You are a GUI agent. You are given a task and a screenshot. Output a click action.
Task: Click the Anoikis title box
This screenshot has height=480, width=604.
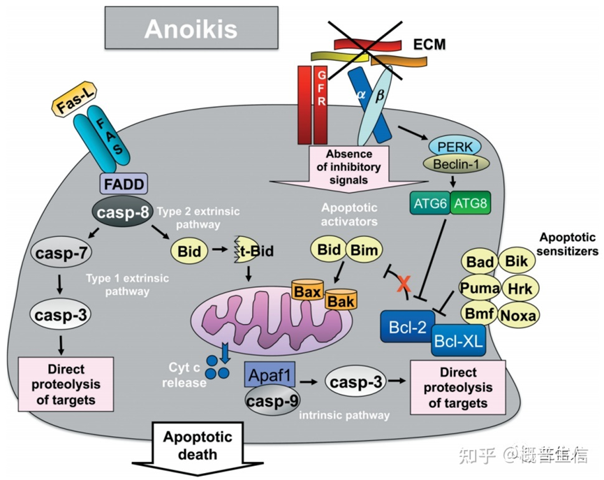191,27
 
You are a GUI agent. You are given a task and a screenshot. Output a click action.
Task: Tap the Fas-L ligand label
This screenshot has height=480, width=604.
73,99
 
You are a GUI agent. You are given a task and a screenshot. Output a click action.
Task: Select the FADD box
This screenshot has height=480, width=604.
124,184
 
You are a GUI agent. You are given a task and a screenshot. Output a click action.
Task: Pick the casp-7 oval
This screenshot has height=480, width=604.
61,253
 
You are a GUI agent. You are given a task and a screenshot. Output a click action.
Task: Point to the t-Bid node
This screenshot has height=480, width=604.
253,251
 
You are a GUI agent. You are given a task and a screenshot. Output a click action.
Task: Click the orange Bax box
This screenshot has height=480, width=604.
307,291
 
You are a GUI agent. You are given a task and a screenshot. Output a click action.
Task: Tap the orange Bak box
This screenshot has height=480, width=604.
341,300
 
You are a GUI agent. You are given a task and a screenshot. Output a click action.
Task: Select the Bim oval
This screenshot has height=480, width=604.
364,250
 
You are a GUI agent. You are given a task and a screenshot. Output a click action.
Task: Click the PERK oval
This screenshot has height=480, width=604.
455,147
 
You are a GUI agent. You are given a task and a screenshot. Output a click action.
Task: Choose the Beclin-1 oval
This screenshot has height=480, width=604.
456,164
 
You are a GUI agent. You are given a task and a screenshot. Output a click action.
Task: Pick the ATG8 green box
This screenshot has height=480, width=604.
471,203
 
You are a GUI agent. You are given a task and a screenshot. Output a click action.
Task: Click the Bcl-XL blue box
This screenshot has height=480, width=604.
458,340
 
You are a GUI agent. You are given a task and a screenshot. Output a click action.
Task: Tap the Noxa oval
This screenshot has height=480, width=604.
518,315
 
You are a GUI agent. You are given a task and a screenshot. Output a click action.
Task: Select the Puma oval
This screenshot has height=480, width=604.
480,288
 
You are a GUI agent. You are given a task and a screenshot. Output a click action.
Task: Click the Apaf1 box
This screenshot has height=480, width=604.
270,374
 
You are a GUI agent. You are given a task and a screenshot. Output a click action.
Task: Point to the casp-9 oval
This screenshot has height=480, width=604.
272,401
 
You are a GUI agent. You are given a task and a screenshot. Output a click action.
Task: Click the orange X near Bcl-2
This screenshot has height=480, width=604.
404,284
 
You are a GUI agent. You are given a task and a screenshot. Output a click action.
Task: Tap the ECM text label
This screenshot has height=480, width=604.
429,44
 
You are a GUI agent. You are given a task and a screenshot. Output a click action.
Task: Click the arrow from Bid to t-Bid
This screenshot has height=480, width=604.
220,249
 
